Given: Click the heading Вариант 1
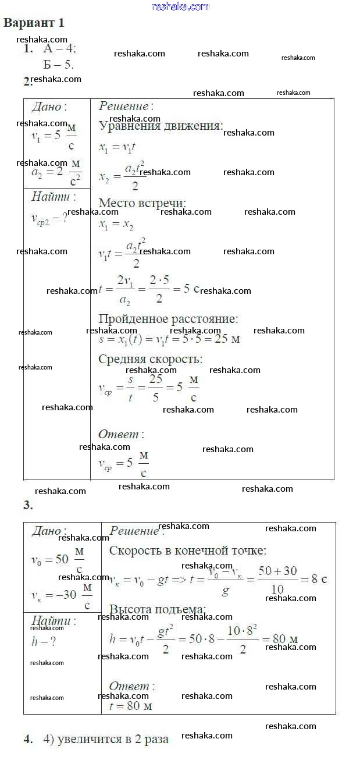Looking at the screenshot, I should [34, 23].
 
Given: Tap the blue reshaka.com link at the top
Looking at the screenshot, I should [180, 6].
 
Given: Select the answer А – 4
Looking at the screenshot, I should [59, 49].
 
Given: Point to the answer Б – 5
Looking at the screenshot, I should [58, 65].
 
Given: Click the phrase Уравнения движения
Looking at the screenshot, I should [161, 126].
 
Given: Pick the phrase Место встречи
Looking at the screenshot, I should [142, 203].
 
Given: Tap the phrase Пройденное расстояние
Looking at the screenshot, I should [168, 319].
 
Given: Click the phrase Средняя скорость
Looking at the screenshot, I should [150, 359].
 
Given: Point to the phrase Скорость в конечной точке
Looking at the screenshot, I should [187, 551].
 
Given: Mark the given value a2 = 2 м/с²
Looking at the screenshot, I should [56, 172].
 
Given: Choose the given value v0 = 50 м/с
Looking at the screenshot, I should [57, 560].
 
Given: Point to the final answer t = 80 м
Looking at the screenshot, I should [130, 706].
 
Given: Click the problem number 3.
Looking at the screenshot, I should [28, 505].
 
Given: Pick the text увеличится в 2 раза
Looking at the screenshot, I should [106, 740].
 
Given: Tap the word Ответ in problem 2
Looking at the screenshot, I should [119, 434].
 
